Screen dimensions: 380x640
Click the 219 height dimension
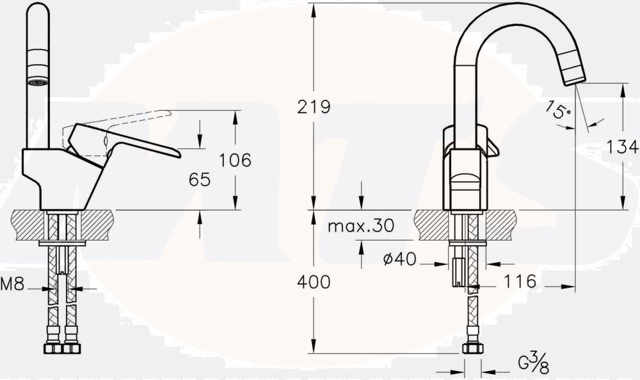click(314, 107)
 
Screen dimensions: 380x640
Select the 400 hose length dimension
click(314, 281)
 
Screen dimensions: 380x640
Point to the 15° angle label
click(558, 111)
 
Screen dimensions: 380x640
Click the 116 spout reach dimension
click(520, 281)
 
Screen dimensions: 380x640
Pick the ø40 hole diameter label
click(399, 259)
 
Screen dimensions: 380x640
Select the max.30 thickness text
click(360, 226)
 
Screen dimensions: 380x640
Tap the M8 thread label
click(12, 285)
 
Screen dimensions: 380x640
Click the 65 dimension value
click(200, 180)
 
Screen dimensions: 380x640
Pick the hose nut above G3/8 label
click(472, 349)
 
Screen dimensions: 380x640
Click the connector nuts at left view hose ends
click(62, 349)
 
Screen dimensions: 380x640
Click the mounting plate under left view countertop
click(62, 244)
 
